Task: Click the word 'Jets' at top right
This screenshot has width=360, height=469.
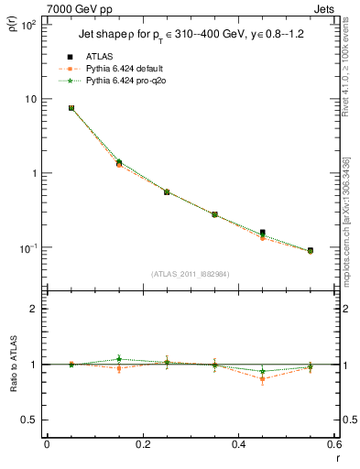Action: click(327, 7)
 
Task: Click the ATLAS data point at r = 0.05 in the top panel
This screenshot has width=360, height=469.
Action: click(71, 108)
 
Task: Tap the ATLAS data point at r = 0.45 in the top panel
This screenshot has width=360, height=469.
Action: click(262, 233)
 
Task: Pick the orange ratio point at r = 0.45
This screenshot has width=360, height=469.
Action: click(262, 378)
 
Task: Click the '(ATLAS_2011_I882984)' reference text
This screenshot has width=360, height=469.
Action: click(191, 274)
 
